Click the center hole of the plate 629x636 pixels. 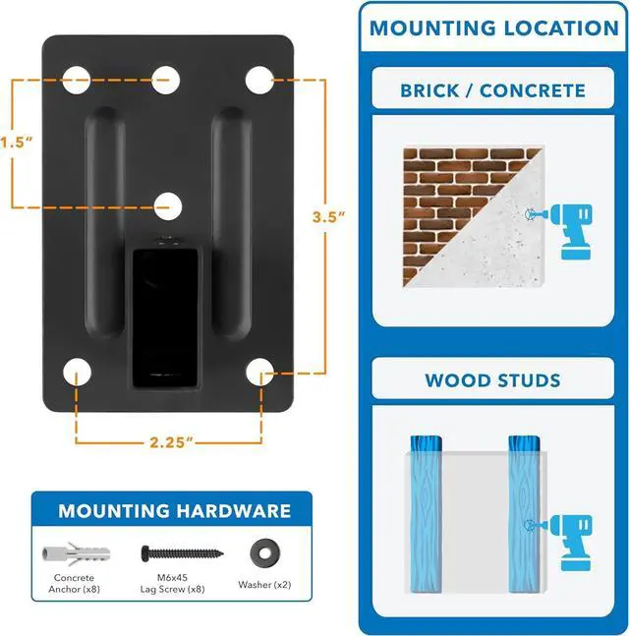pyautogui.click(x=168, y=205)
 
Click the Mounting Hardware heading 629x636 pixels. pyautogui.click(x=174, y=511)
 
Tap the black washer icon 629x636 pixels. pyautogui.click(x=262, y=549)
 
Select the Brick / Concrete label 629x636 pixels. pyautogui.click(x=492, y=91)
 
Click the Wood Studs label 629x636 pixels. pyautogui.click(x=492, y=380)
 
